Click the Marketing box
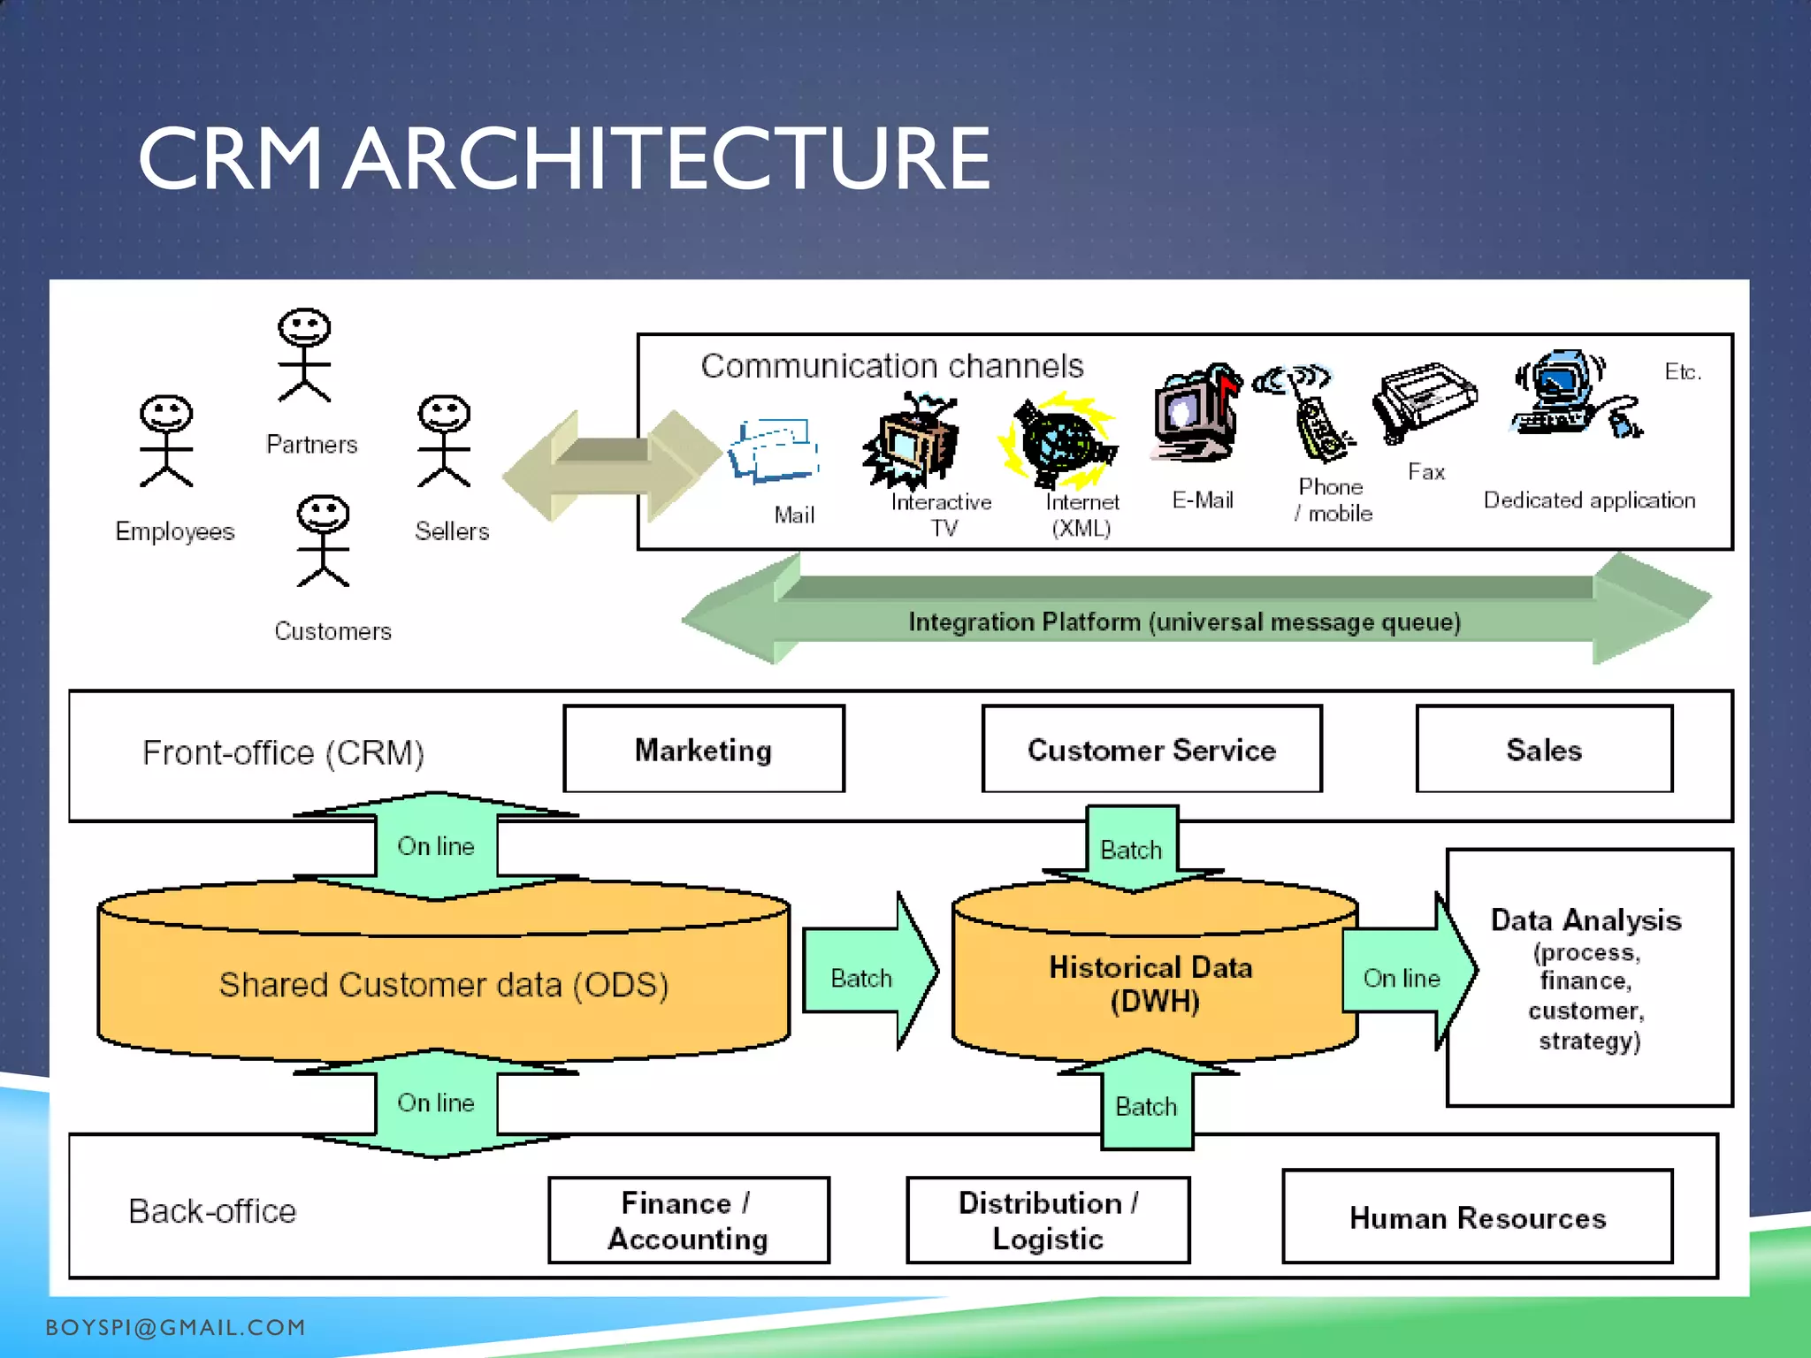pos(704,749)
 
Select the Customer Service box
pos(1151,749)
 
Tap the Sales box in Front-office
pos(1543,749)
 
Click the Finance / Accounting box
pos(688,1220)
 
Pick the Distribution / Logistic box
pos(1048,1220)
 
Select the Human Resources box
pos(1477,1217)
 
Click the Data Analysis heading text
pos(1586,919)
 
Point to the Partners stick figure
pos(304,355)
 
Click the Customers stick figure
pos(323,540)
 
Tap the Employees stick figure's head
pos(166,413)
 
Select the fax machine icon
pos(1423,402)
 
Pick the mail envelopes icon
pos(774,450)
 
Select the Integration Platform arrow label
pos(1184,622)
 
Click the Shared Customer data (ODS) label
pos(443,984)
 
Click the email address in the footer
pos(175,1327)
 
